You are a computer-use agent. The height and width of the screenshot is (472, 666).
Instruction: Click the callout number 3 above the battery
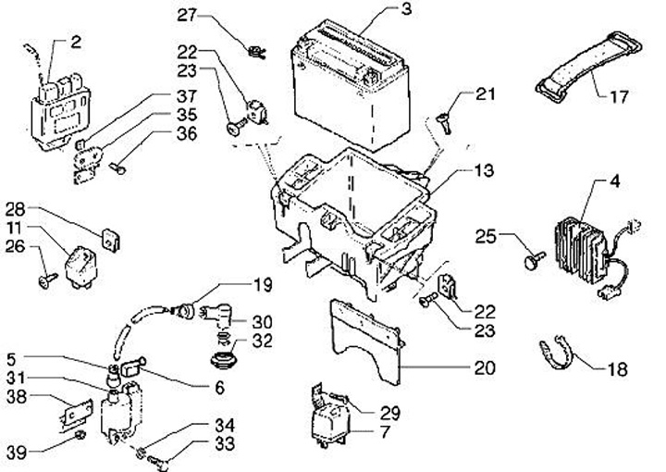[406, 8]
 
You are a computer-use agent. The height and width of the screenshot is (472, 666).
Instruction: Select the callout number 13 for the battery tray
[484, 170]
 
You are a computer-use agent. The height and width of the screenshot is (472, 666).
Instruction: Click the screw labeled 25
[535, 260]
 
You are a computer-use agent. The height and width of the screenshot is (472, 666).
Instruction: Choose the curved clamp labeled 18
[557, 353]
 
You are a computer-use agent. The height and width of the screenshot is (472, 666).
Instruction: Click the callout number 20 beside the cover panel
[485, 367]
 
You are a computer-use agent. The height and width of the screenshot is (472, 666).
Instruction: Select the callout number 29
[390, 413]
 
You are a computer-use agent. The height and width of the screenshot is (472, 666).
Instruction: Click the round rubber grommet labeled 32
[223, 361]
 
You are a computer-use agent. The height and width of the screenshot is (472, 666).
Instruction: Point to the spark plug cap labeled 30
[216, 317]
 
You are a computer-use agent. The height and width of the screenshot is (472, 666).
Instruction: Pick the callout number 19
[263, 285]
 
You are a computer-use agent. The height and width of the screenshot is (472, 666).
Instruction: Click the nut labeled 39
[80, 435]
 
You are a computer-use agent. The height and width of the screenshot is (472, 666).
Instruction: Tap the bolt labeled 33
[157, 463]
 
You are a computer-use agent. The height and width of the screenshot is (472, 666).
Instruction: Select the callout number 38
[17, 397]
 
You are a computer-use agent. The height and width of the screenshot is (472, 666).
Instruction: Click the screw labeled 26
[47, 280]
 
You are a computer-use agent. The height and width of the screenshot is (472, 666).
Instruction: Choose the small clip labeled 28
[110, 240]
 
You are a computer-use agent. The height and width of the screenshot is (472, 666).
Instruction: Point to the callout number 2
[76, 42]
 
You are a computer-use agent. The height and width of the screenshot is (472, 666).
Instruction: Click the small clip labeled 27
[256, 52]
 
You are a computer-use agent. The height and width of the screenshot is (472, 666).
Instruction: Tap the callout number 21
[485, 93]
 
